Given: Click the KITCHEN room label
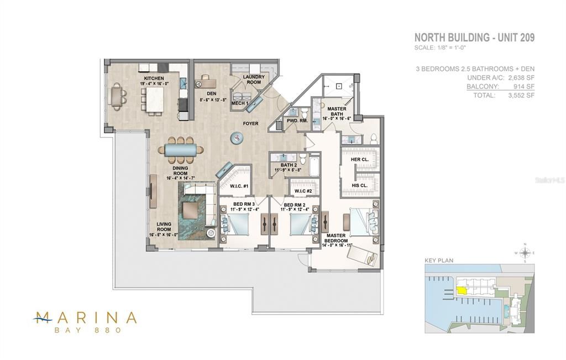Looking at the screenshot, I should [153, 79].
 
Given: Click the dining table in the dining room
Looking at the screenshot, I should [180, 150].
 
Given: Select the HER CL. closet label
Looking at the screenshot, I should [359, 160].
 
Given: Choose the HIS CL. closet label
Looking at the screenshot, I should [359, 185].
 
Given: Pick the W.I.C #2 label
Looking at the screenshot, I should [303, 191].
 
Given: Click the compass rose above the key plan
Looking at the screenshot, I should [526, 253].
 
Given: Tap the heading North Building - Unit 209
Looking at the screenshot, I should [474, 38].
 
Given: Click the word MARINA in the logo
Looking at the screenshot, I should [85, 317].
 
